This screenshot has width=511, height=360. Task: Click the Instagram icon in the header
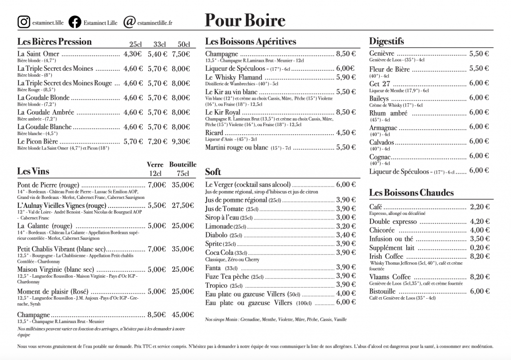[23, 22]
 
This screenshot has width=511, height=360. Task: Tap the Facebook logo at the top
[75, 22]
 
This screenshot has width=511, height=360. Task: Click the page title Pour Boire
[245, 20]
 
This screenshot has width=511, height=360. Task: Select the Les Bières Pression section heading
[54, 41]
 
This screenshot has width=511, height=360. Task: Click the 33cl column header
[159, 44]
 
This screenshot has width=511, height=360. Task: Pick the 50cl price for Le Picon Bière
[181, 142]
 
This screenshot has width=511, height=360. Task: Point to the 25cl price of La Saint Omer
[133, 54]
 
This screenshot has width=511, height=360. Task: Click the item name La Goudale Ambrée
[44, 112]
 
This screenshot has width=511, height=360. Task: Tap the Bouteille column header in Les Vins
[183, 164]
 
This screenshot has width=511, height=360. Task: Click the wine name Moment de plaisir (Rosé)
[52, 291]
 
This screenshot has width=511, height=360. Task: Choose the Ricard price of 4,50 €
[346, 133]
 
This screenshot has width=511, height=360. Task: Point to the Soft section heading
[213, 172]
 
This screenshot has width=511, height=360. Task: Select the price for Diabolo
[346, 235]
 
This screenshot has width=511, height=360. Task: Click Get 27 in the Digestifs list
[380, 83]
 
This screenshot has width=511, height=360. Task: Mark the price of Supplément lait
[479, 247]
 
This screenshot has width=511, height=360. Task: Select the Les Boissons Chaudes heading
[411, 192]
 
